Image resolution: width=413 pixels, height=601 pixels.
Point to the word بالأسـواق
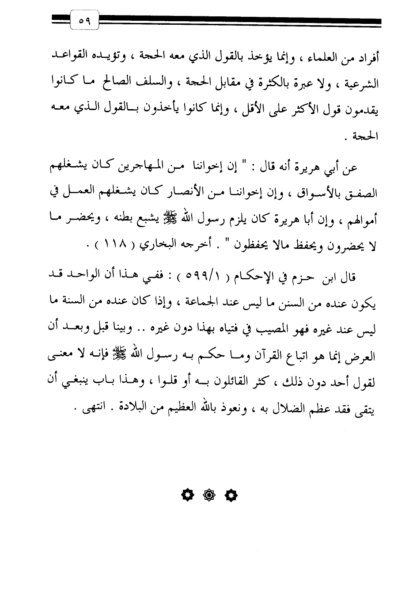coord(317,194)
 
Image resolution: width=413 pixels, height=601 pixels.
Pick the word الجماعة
coord(208,303)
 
